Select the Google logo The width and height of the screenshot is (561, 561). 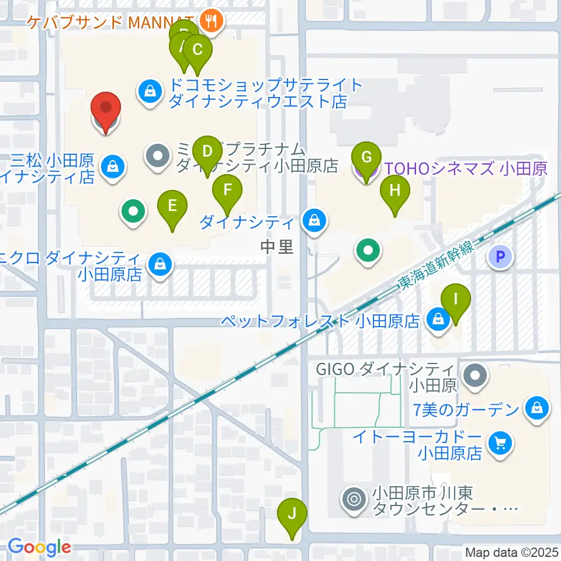[39, 548]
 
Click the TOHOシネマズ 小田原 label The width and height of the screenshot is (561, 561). [465, 169]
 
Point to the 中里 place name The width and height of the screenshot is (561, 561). [277, 247]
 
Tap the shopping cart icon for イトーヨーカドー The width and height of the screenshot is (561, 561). [501, 444]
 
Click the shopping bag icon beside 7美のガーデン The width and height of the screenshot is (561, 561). [536, 409]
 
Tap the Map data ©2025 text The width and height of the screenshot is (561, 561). [511, 552]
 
